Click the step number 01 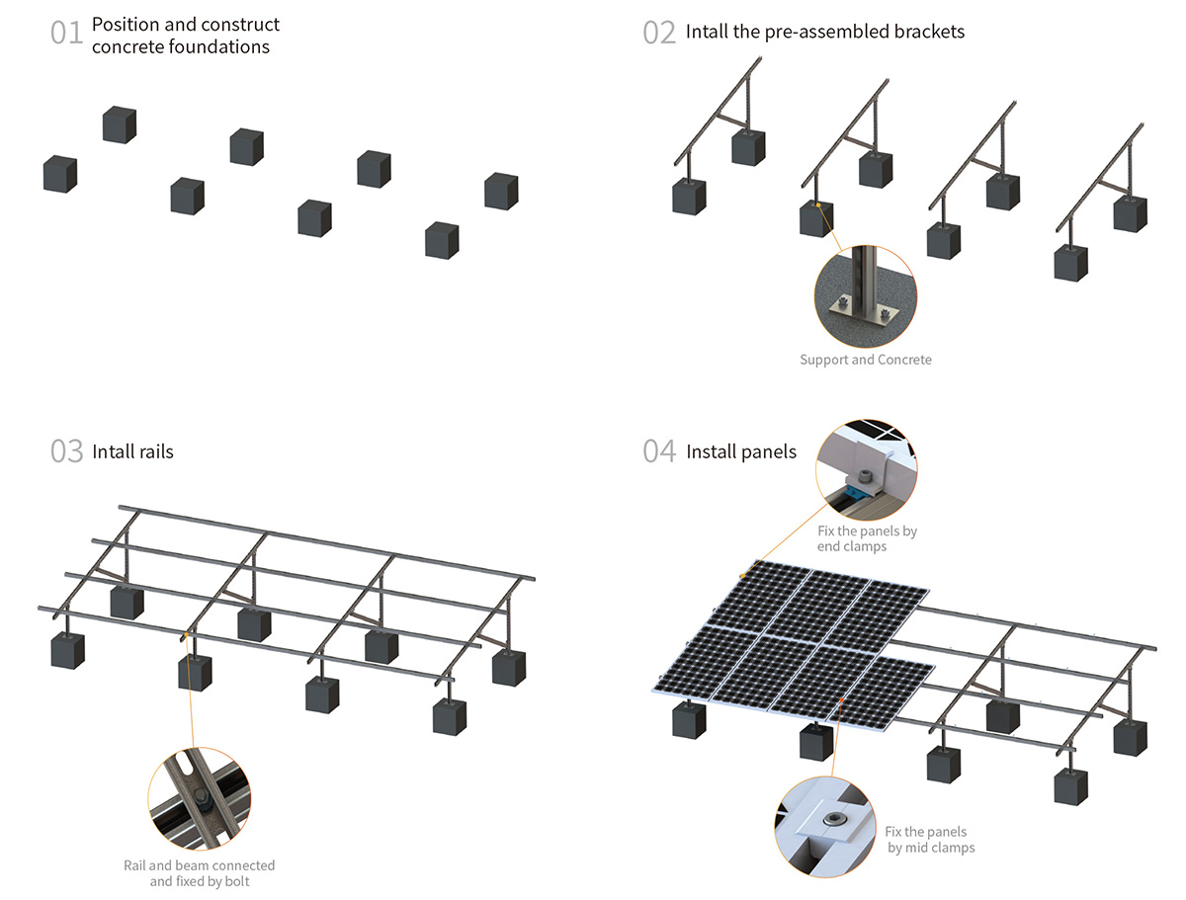(66, 33)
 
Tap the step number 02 (659, 33)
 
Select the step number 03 (66, 451)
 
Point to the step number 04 (659, 451)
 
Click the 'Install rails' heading (132, 451)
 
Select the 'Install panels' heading (740, 451)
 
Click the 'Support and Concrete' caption (865, 360)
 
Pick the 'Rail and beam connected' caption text (200, 865)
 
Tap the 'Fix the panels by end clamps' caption (867, 537)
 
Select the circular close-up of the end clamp (867, 464)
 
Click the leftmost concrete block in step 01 (60, 174)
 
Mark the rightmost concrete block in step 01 (501, 191)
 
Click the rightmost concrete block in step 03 (509, 668)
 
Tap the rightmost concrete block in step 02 (1131, 213)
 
